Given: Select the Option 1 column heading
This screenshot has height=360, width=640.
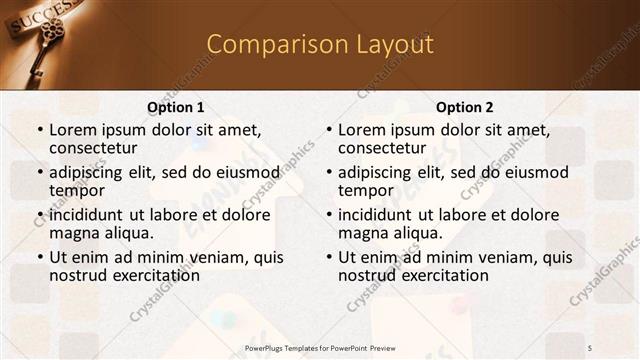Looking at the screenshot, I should click(x=176, y=107).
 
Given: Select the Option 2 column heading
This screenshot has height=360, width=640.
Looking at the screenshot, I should click(x=465, y=107).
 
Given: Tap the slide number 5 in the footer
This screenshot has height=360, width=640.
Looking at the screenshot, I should click(x=589, y=346).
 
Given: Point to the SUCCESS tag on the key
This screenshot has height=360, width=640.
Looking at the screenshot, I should click(x=40, y=16).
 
